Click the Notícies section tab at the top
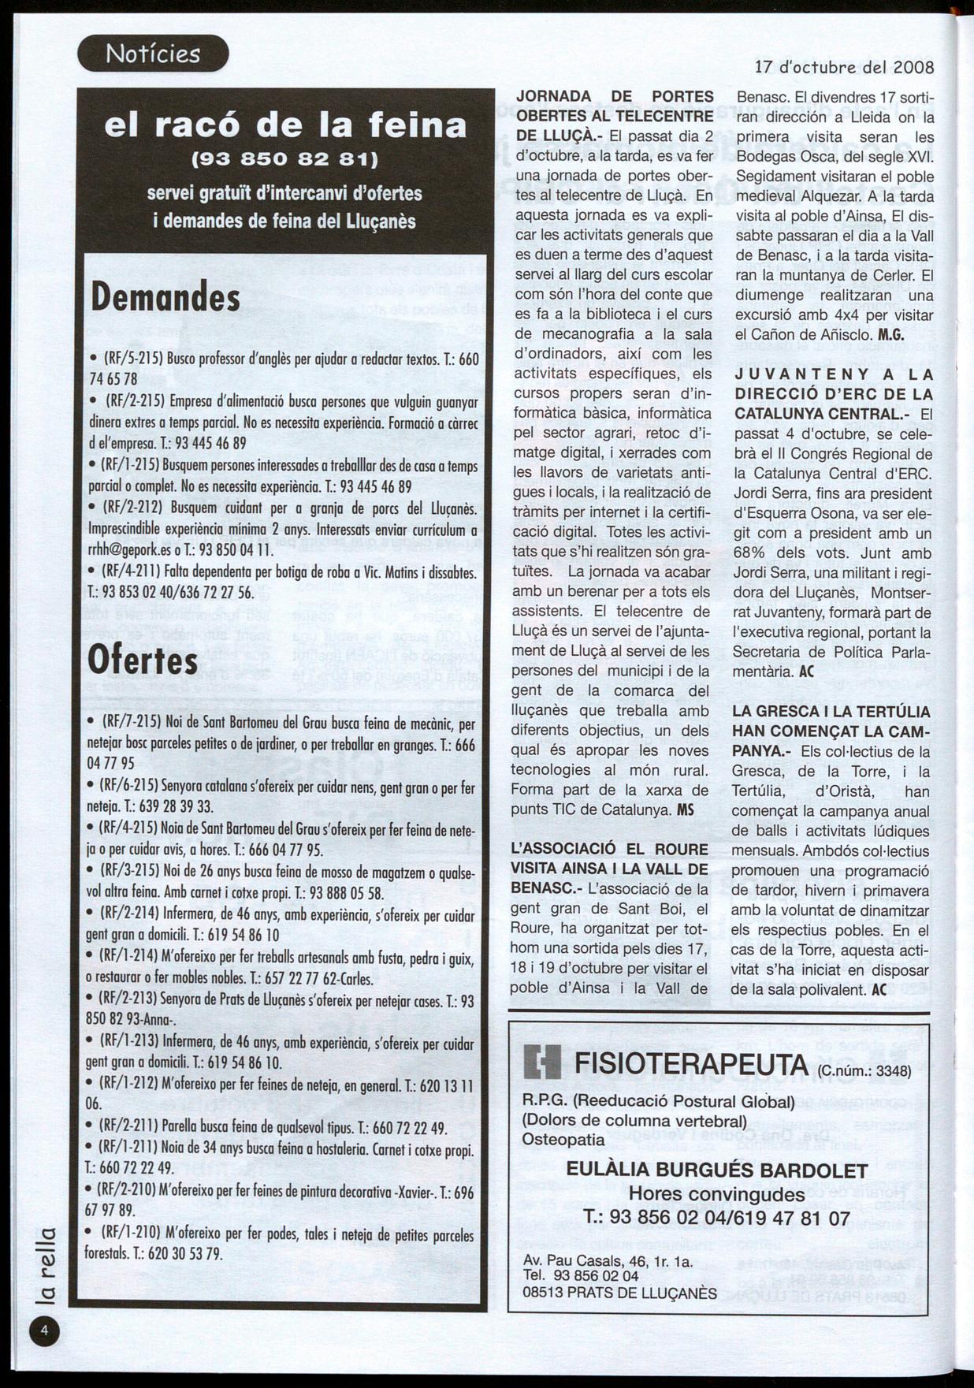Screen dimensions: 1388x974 click(153, 54)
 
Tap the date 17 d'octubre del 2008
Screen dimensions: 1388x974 click(844, 68)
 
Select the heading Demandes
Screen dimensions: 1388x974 click(166, 298)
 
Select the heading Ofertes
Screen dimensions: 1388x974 click(143, 661)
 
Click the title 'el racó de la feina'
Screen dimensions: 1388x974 click(285, 125)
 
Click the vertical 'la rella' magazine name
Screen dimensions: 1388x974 click(46, 1267)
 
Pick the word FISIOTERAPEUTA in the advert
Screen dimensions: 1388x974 click(691, 1063)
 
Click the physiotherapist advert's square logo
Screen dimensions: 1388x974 click(542, 1063)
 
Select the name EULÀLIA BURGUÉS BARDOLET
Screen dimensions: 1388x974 click(717, 1171)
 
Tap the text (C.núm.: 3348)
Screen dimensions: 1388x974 click(864, 1071)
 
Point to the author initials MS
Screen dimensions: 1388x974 click(686, 809)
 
